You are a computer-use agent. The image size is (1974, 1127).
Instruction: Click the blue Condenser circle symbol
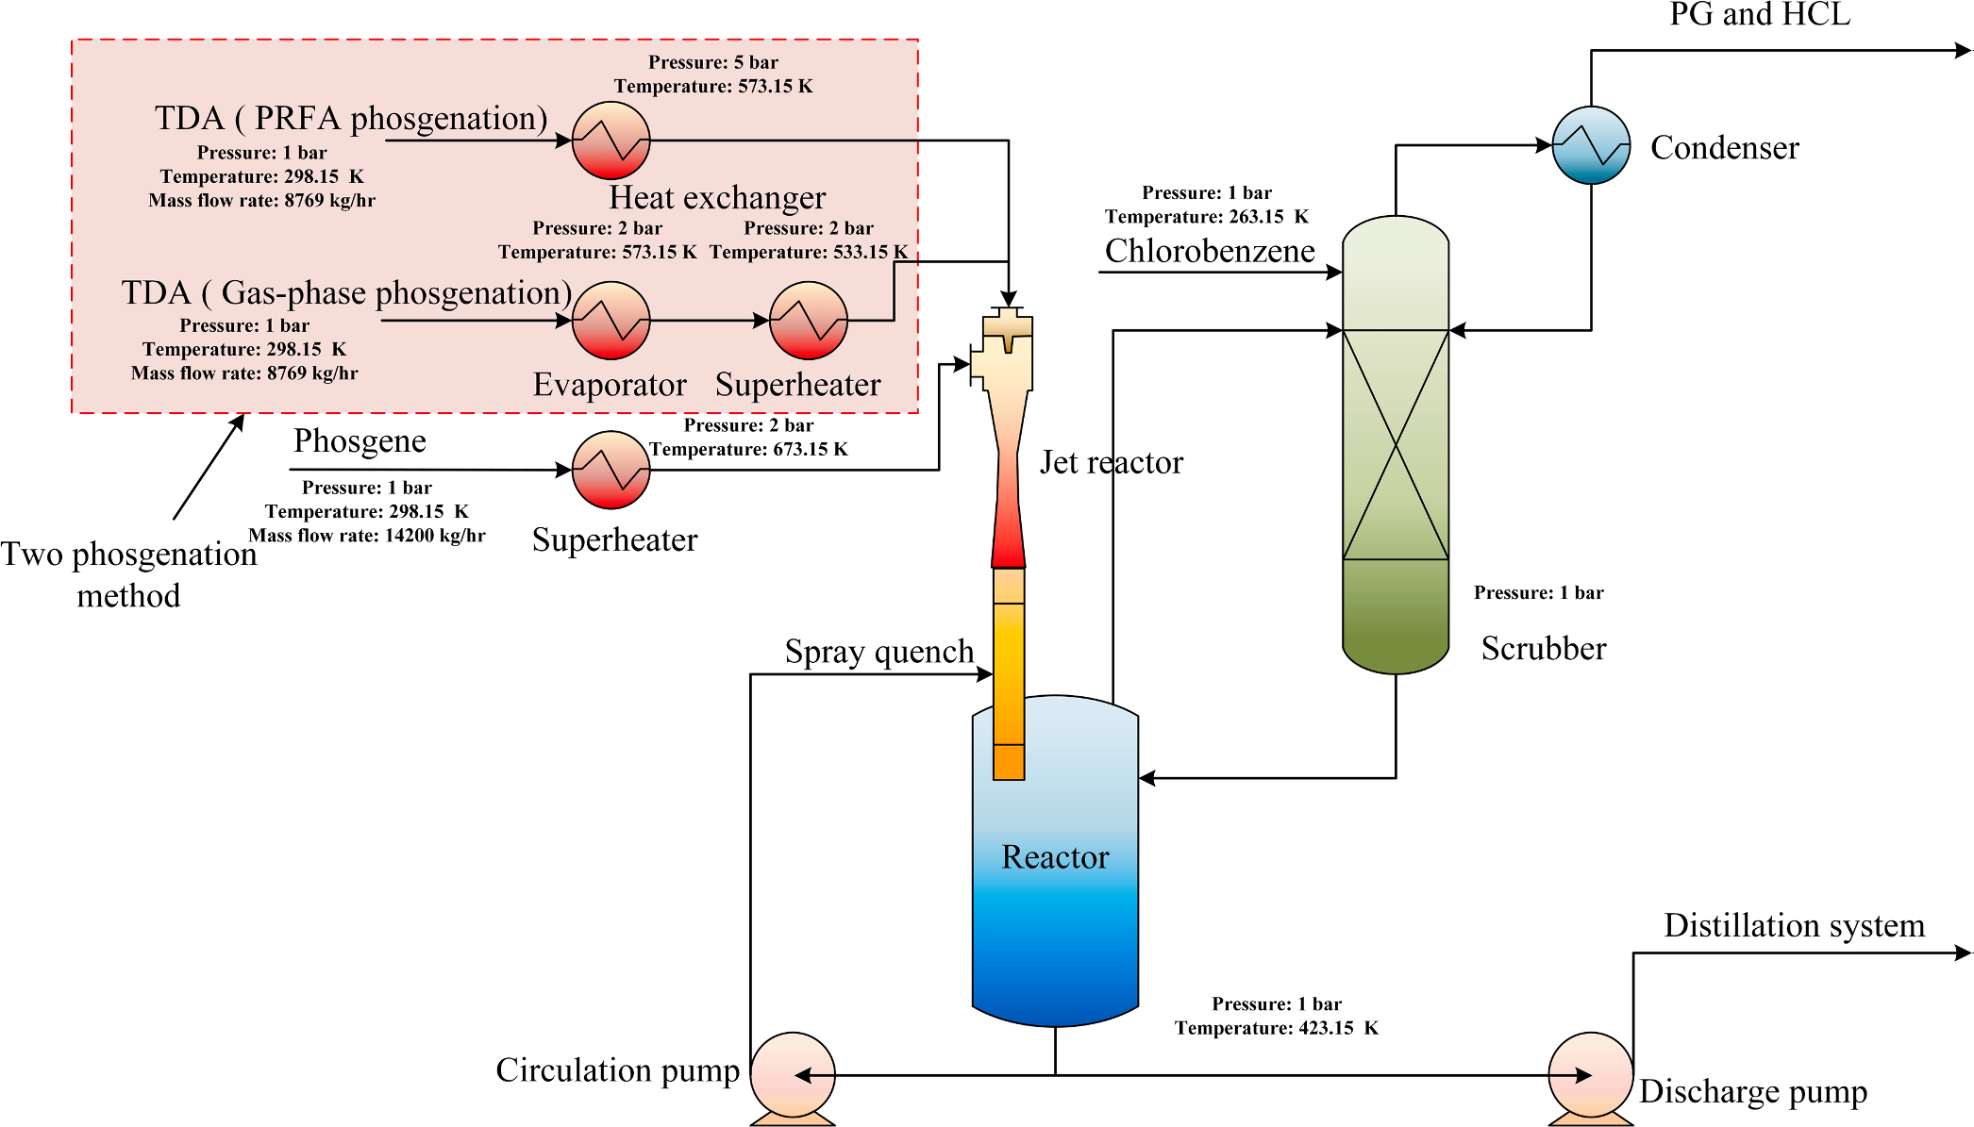1591,145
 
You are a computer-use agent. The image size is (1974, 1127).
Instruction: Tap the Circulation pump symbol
793,1074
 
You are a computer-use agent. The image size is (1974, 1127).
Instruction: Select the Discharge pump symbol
1591,1074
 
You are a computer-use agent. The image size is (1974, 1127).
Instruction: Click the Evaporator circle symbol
611,321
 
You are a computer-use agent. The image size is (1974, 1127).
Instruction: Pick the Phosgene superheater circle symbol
611,470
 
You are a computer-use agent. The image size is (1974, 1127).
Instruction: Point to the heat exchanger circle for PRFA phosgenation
611,141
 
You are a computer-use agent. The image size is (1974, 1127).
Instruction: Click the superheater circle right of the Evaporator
809,321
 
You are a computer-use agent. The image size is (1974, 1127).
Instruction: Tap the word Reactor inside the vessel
1055,857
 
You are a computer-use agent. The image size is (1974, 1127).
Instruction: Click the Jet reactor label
1112,462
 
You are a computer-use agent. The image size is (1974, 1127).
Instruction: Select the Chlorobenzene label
1210,251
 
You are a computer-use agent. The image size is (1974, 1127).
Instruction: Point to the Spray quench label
879,652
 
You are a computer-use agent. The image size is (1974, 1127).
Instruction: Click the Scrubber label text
1544,649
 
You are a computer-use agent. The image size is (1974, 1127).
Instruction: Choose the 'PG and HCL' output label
1760,15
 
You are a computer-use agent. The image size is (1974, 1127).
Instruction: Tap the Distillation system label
1794,926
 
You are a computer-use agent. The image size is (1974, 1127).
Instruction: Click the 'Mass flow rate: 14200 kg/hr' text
367,536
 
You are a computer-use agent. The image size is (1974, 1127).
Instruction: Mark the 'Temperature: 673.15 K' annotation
748,450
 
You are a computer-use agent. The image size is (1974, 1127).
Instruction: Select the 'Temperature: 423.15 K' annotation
1277,1028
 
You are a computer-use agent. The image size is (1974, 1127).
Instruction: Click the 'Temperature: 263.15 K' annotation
1207,217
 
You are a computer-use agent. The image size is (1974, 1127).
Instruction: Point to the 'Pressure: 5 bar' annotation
713,62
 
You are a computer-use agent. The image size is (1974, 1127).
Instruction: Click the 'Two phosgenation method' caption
129,574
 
